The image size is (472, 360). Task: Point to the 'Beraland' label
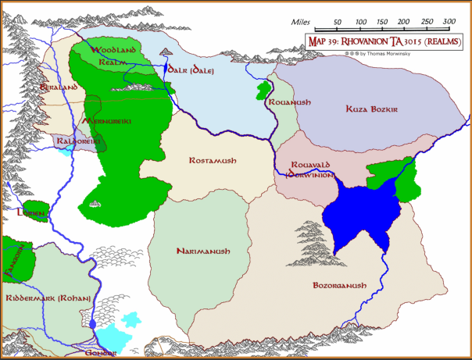[x=59, y=87]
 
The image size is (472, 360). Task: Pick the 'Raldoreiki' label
[x=76, y=141]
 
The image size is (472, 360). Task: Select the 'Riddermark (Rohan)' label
[x=48, y=298]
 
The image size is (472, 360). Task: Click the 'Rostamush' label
[x=213, y=160]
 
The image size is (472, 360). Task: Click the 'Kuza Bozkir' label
[x=372, y=109]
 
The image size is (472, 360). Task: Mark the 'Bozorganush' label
[x=338, y=286]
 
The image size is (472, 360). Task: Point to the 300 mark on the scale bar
[x=449, y=22]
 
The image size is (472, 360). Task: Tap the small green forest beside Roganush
[x=262, y=90]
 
